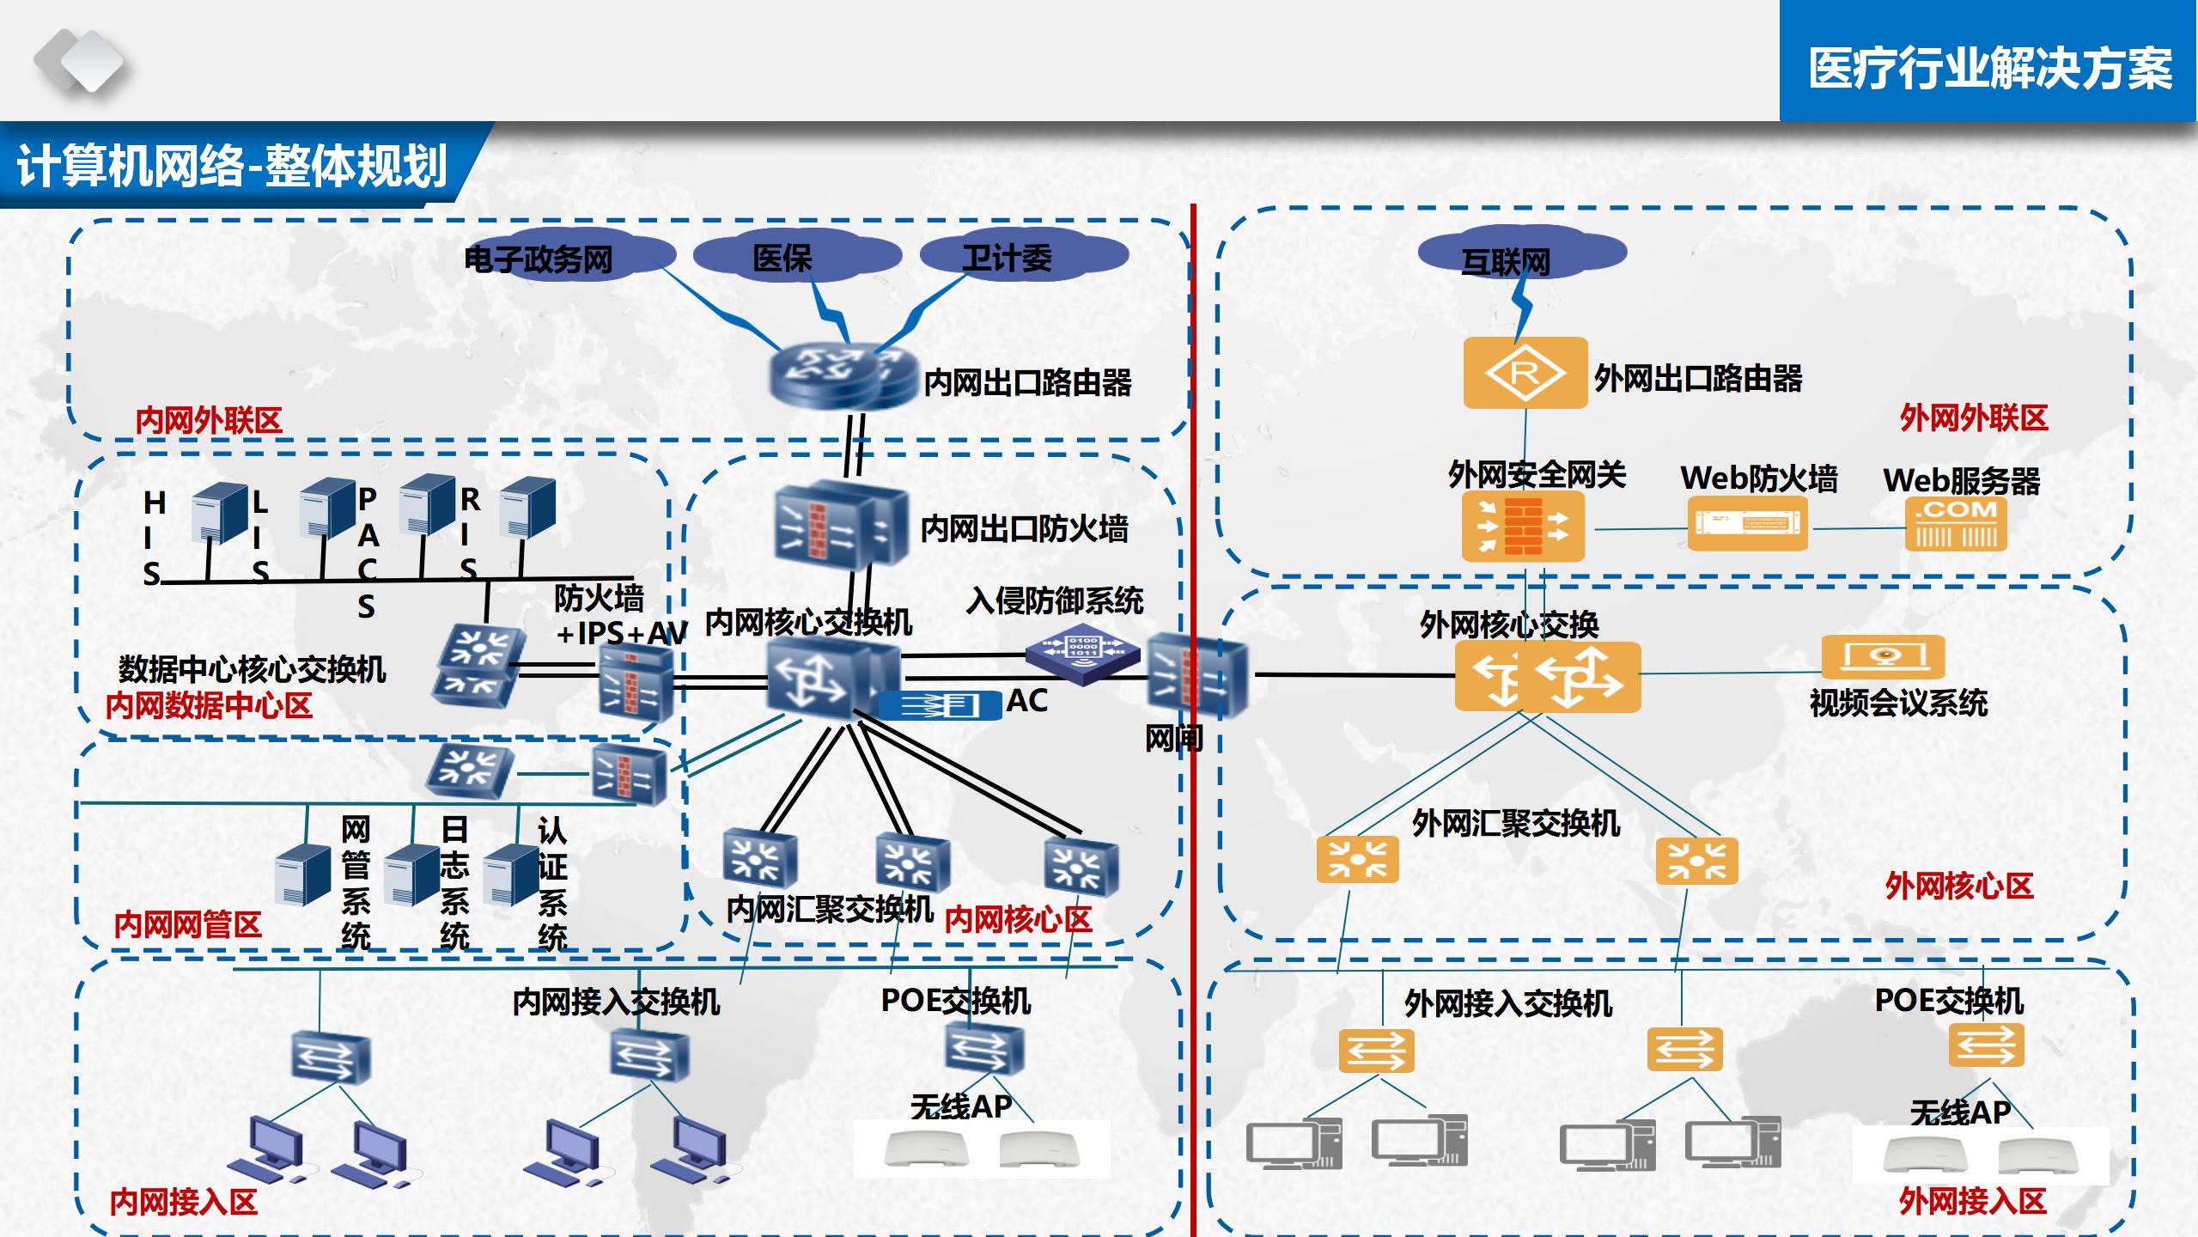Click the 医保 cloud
[795, 256]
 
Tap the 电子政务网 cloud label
[539, 259]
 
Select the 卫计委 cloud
[1021, 256]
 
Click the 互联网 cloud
[1519, 255]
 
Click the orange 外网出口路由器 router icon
[1525, 373]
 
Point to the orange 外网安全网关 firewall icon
[1523, 527]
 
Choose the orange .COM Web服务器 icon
[1956, 524]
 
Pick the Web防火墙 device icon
[1747, 525]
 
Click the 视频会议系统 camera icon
[1883, 657]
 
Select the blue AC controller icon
[940, 705]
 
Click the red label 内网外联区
[209, 421]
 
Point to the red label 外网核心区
[1959, 887]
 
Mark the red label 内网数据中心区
[209, 706]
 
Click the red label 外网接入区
[1972, 1201]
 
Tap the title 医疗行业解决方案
[1989, 69]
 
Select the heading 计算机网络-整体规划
[232, 166]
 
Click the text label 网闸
[1173, 739]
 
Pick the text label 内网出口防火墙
[1024, 528]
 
